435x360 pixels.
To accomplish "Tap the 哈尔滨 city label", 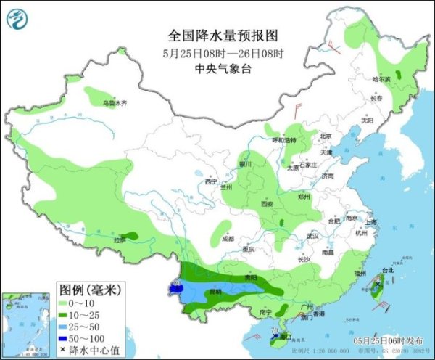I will point(381,78).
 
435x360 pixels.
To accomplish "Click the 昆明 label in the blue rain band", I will point(215,291).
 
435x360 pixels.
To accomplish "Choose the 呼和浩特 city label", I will point(284,139).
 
